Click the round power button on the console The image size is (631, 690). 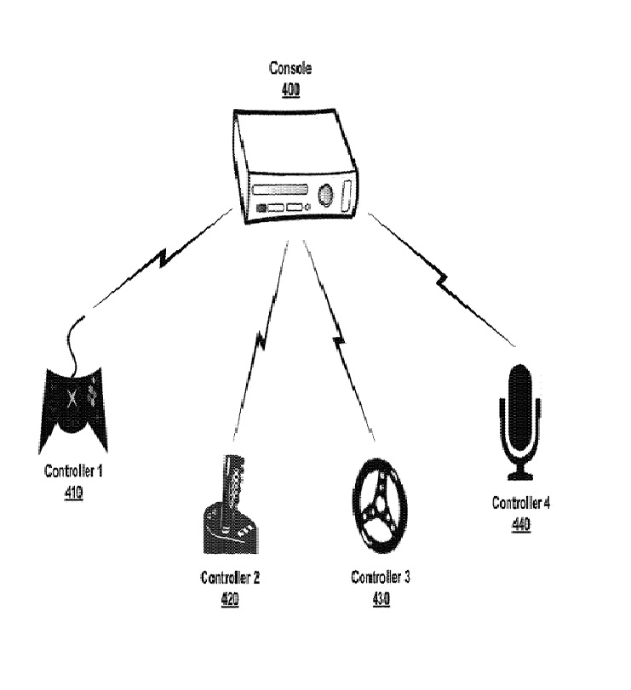pyautogui.click(x=325, y=195)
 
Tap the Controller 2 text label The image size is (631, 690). pyautogui.click(x=230, y=579)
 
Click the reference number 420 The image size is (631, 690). pyautogui.click(x=230, y=599)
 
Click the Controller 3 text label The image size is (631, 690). pyautogui.click(x=381, y=579)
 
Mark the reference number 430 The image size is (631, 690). pyautogui.click(x=381, y=599)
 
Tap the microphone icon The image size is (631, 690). pyautogui.click(x=519, y=417)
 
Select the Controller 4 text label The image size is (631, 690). pyautogui.click(x=521, y=503)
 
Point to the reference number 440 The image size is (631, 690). pyautogui.click(x=521, y=524)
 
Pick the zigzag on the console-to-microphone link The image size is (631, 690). pyautogui.click(x=442, y=280)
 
